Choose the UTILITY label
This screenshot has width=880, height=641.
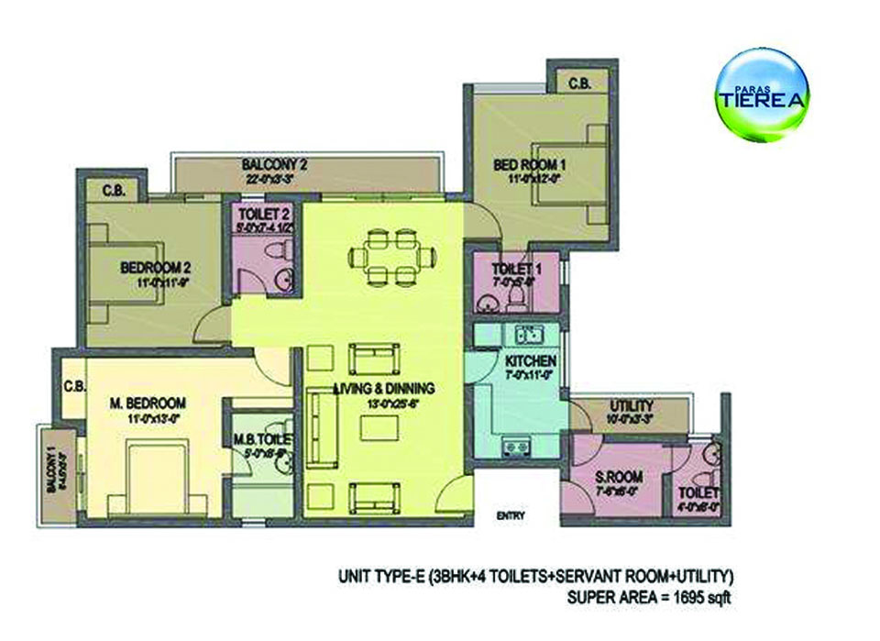pyautogui.click(x=631, y=405)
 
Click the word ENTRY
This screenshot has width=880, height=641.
pyautogui.click(x=510, y=515)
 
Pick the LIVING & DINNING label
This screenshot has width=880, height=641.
pyautogui.click(x=383, y=388)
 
